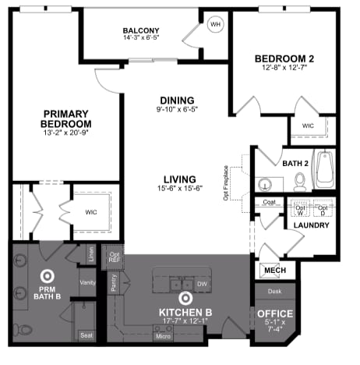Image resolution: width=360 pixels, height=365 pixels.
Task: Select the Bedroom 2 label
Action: click(x=284, y=59)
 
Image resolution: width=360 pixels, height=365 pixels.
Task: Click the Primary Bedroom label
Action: click(x=67, y=119)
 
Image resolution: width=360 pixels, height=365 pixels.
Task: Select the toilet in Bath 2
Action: click(x=300, y=181)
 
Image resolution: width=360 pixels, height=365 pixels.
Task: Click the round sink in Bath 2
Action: click(x=265, y=185)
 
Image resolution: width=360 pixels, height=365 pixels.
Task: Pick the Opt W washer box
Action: click(x=300, y=208)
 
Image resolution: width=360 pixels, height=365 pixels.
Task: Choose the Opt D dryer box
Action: click(x=324, y=208)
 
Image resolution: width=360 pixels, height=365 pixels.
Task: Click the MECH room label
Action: click(x=275, y=270)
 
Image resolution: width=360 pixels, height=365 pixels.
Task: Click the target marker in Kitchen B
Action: click(x=185, y=298)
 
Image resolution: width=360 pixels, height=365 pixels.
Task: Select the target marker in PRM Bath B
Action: click(x=46, y=275)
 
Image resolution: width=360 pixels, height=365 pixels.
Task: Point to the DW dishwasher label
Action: click(x=201, y=284)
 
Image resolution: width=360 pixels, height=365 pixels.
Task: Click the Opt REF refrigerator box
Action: click(x=115, y=257)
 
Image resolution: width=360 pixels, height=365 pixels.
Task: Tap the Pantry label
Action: click(x=113, y=282)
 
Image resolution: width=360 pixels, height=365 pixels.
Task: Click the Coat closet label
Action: click(x=270, y=203)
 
